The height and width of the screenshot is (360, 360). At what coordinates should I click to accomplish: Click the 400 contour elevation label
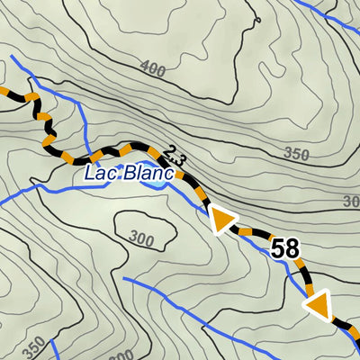[x=154, y=67]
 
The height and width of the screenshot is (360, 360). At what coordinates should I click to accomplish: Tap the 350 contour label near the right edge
[x=296, y=154]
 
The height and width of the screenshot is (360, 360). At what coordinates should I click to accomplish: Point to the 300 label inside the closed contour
[x=141, y=238]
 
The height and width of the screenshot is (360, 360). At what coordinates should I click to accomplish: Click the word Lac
[x=102, y=175]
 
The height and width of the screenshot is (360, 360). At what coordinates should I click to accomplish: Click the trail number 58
[x=284, y=249]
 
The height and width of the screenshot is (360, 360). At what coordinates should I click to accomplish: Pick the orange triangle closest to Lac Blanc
[x=221, y=220]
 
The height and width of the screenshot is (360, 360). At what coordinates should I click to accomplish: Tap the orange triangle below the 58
[x=318, y=307]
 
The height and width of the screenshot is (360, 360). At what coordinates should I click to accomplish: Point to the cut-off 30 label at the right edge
[x=351, y=201]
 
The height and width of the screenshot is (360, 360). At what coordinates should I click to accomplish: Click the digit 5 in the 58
[x=277, y=249]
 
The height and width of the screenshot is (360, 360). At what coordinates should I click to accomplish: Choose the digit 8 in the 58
[x=292, y=249]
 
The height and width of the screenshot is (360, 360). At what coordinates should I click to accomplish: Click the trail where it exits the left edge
[x=4, y=91]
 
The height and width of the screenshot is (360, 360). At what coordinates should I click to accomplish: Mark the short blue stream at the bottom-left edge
[x=53, y=349]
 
